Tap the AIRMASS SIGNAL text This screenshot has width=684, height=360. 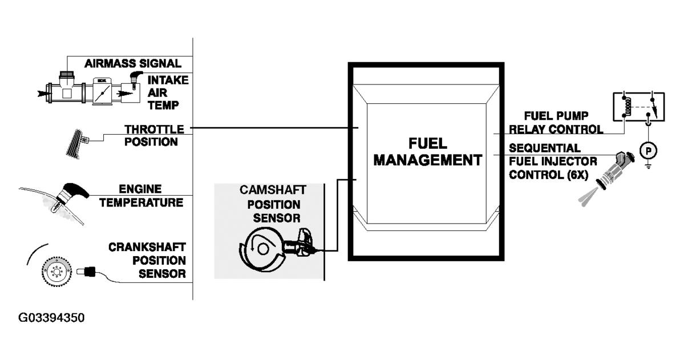pyautogui.click(x=132, y=63)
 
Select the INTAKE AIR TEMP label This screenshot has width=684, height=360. pyautogui.click(x=168, y=92)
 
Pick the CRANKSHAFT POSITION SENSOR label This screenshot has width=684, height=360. pyautogui.click(x=147, y=260)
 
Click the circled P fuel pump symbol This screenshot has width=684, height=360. pyautogui.click(x=647, y=149)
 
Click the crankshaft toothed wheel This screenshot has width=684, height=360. pyautogui.click(x=55, y=272)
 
